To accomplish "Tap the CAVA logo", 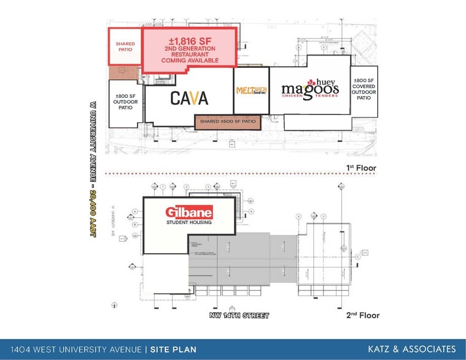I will point(189,97).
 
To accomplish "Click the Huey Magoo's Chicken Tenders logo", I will point(310,89).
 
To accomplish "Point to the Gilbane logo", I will point(189,212).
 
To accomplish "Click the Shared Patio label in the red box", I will point(125,47).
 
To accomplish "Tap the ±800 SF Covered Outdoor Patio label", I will point(364,89).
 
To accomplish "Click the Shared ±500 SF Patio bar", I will point(228,122).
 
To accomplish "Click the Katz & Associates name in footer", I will point(412,349).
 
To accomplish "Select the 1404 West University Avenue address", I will point(72,350).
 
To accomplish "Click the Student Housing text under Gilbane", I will point(189,222).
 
